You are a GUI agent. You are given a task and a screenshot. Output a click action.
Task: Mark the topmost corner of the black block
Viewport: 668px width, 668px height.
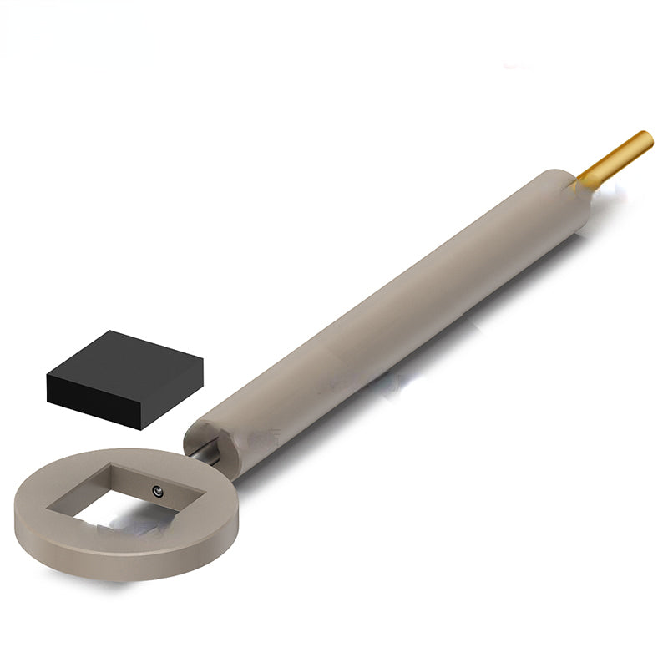111,331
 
